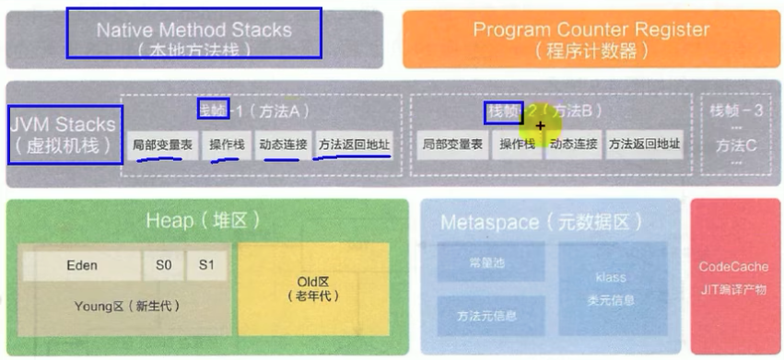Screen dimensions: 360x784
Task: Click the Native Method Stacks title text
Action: (193, 30)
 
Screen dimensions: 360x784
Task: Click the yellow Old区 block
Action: (314, 287)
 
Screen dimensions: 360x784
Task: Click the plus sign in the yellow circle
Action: (541, 125)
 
